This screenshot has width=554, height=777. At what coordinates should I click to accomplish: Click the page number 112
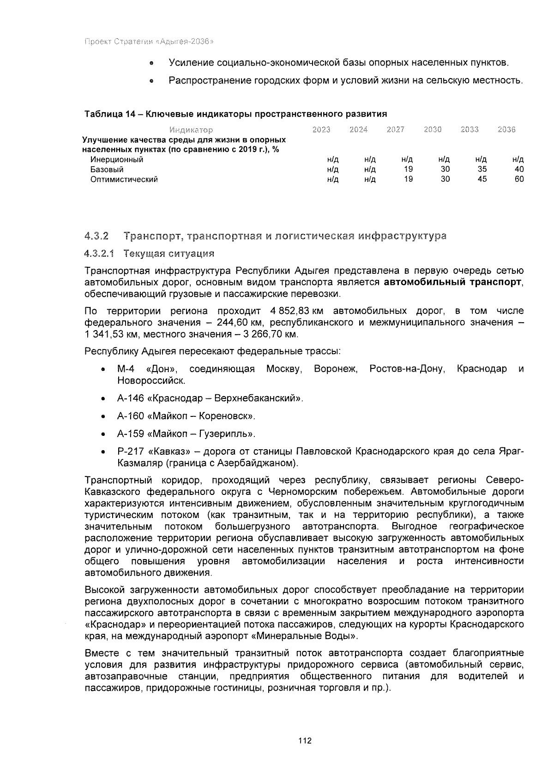305,741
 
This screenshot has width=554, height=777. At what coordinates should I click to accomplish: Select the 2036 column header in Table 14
506,130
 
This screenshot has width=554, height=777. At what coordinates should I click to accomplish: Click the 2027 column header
396,130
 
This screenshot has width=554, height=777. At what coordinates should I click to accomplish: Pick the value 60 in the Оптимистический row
519,179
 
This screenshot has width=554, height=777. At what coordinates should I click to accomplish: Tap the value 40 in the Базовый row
519,169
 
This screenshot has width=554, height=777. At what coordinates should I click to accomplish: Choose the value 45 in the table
482,179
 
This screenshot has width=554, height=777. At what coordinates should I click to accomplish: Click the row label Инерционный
117,160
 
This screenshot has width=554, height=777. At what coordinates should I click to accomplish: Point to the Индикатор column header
191,130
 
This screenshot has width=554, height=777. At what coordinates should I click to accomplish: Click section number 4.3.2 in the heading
96,237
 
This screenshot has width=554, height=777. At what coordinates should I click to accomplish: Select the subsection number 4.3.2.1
99,253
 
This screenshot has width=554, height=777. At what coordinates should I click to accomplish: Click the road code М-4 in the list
126,369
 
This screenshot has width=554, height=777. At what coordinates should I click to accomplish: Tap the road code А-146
131,398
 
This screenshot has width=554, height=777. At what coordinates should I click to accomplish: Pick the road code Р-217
131,451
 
